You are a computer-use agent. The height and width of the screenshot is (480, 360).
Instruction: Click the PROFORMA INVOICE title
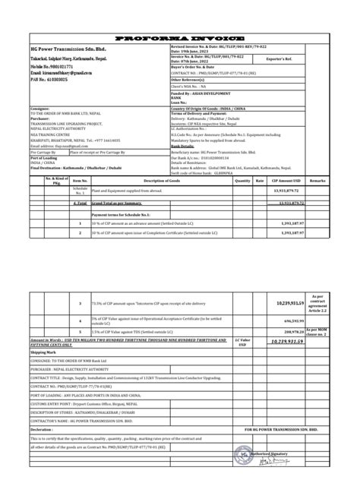[x=180, y=37]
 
